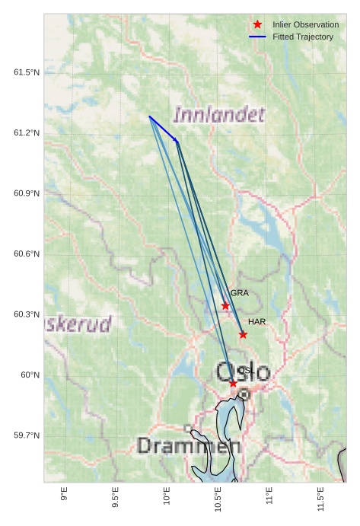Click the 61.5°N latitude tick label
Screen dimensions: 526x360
[26, 72]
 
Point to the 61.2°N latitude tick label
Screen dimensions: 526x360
[26, 133]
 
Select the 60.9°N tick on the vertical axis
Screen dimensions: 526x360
[26, 193]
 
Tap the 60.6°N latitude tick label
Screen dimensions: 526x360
[26, 254]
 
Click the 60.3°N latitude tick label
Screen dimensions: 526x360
[26, 314]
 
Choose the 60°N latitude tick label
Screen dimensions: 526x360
[30, 375]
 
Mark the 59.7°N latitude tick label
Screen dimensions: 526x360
[26, 435]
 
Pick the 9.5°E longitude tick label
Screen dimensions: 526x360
[115, 497]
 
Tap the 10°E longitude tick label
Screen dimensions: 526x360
[167, 496]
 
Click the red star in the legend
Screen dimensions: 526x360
[258, 24]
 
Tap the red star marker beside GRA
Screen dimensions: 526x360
[225, 306]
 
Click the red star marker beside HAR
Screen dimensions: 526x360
[243, 334]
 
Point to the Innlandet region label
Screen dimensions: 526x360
[219, 115]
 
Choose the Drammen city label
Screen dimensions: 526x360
[189, 445]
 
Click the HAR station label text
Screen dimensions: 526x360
[256, 322]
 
